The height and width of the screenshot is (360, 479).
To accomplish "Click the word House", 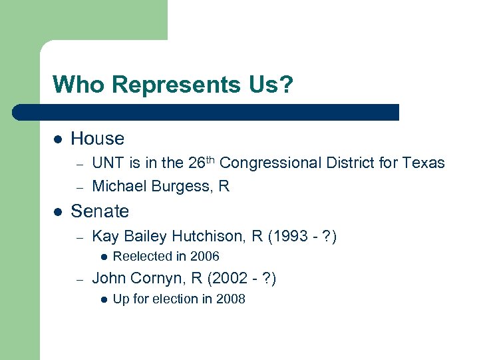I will click(97, 139).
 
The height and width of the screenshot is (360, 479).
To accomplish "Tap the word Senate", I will click(100, 211).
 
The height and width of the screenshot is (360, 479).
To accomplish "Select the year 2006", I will click(204, 257).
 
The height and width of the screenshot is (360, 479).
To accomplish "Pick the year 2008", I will click(230, 299).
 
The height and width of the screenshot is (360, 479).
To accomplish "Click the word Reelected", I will click(141, 257).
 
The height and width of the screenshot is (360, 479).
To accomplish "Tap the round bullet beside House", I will click(58, 139).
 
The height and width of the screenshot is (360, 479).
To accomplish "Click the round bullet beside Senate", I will click(58, 212).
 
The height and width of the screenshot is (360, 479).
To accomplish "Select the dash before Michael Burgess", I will click(78, 187).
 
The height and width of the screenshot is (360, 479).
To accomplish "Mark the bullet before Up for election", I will click(103, 299).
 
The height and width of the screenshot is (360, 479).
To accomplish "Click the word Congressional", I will click(273, 163).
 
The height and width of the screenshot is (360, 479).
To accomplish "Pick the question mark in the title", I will click(285, 85).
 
